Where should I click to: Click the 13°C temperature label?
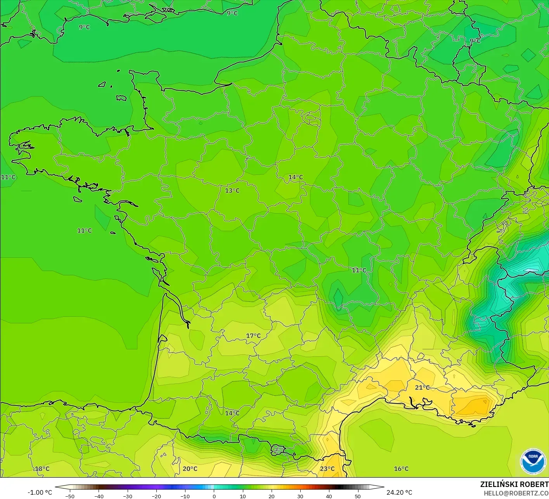(232, 190)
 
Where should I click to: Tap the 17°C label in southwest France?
(253, 336)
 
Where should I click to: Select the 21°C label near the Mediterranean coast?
(422, 387)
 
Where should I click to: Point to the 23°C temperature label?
(327, 469)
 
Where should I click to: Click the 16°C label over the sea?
(401, 469)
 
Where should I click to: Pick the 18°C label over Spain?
(42, 469)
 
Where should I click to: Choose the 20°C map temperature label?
(190, 469)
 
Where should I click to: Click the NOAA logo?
(532, 461)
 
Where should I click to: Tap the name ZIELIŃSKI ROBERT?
(514, 484)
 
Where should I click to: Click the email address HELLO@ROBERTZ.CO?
(516, 493)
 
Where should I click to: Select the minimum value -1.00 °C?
(40, 492)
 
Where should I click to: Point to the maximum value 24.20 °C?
(399, 492)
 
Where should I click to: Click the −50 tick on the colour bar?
(70, 496)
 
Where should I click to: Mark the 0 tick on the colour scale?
(214, 496)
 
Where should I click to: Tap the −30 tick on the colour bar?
(127, 496)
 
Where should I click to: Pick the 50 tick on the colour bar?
(357, 496)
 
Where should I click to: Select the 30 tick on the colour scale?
(300, 496)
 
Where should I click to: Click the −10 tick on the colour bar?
(185, 496)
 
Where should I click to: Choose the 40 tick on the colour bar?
(329, 496)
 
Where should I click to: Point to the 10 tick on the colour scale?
(242, 496)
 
